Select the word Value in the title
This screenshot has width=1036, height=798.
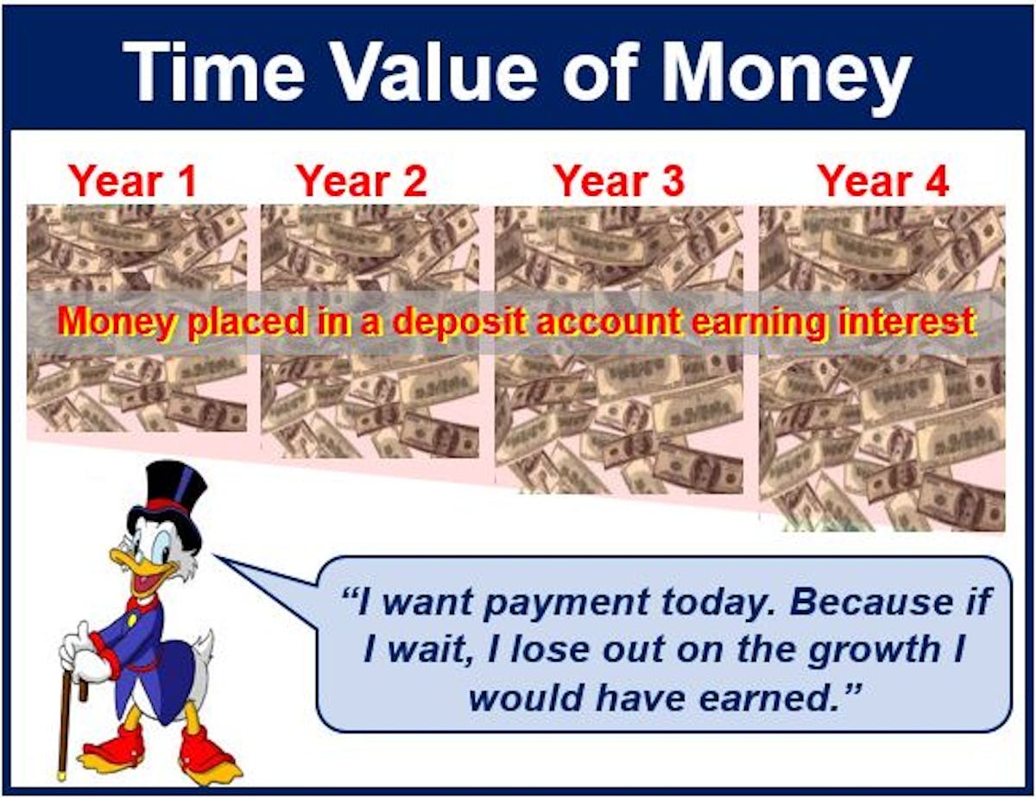(447, 72)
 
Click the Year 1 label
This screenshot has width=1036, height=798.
(133, 181)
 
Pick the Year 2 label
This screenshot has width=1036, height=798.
(362, 181)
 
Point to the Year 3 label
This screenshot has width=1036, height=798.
(620, 181)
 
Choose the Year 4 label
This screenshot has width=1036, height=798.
(883, 181)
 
